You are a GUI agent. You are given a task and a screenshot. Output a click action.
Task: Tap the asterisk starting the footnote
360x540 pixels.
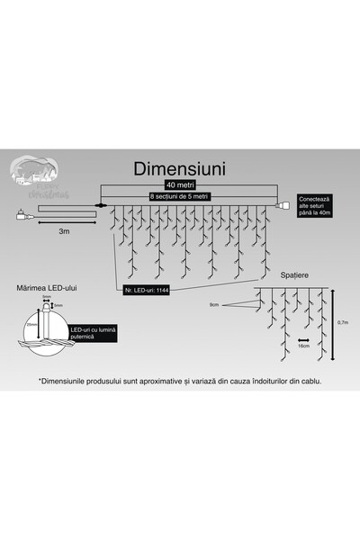[x=40, y=380]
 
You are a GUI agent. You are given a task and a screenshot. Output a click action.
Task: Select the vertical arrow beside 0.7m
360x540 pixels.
[x=332, y=321]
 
